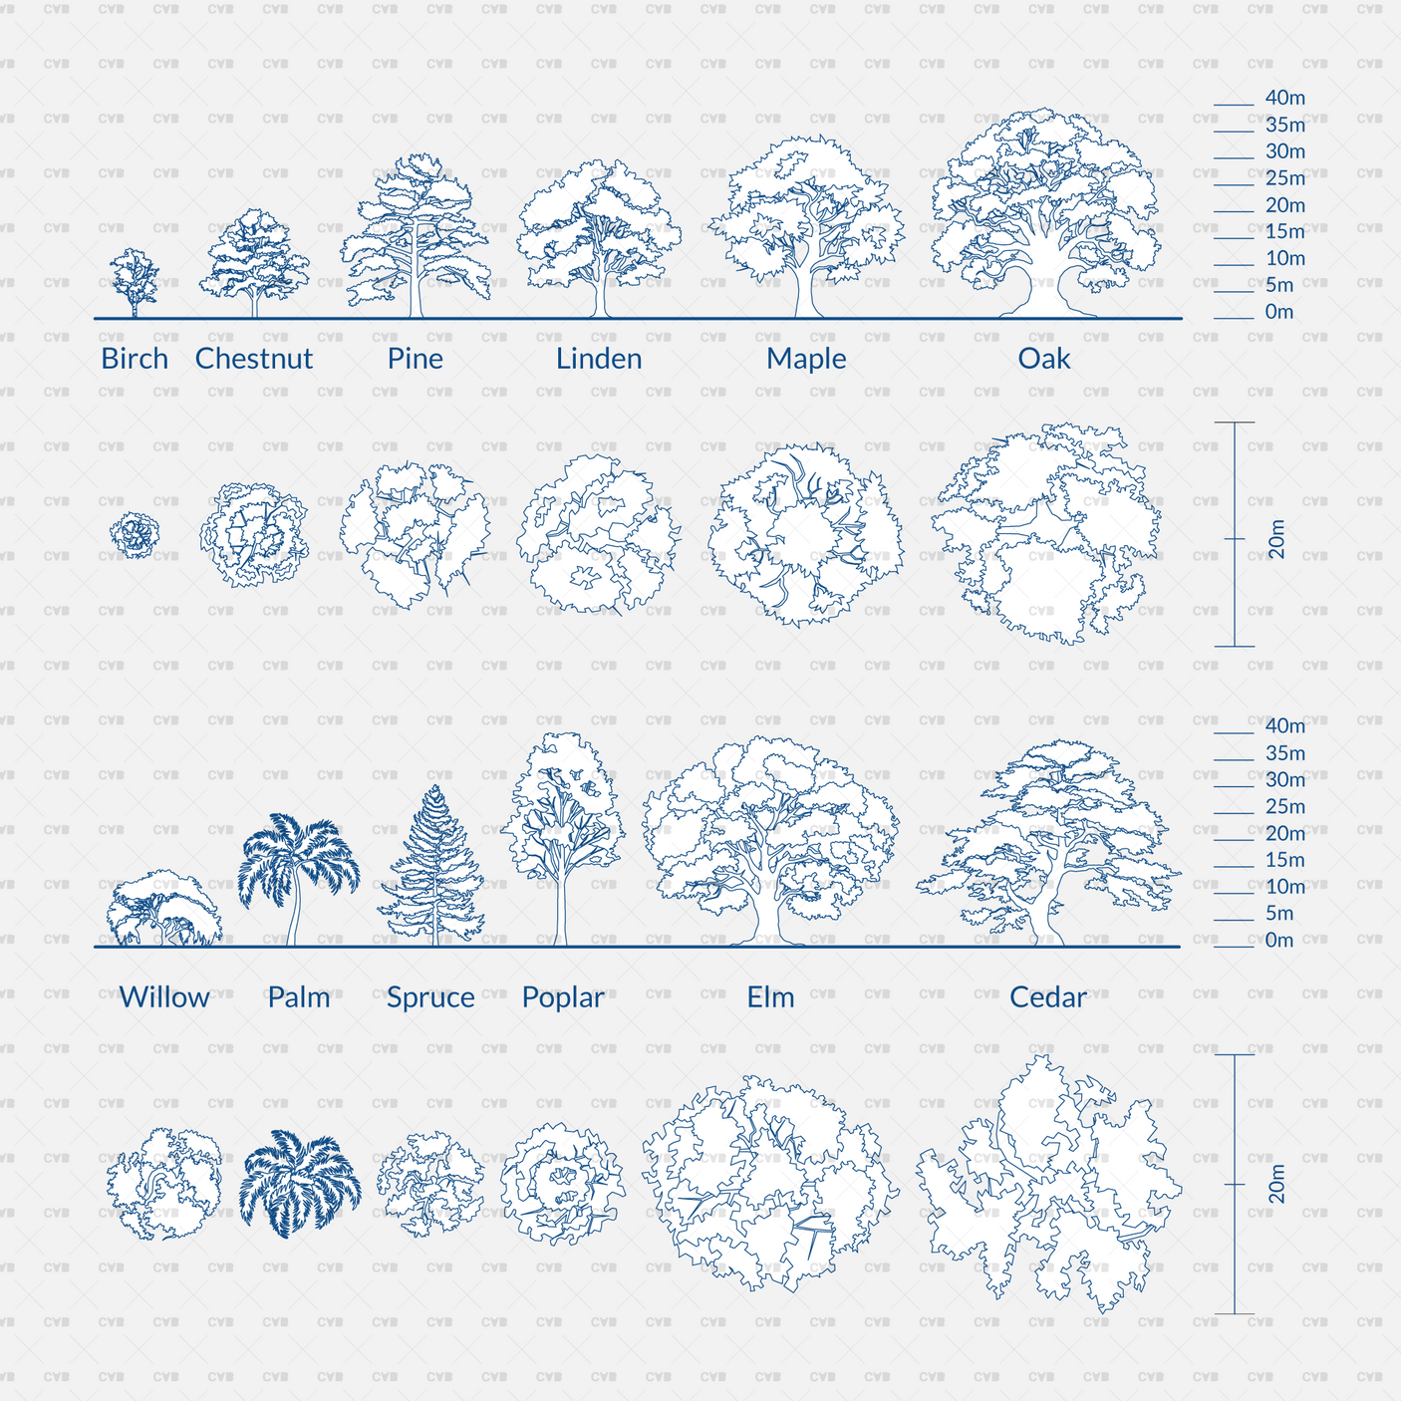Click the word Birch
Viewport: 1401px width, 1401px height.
135,359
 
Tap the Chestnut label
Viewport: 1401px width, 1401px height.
254,359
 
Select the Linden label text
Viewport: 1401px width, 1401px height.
599,359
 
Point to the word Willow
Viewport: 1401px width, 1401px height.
164,997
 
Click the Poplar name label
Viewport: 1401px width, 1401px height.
563,997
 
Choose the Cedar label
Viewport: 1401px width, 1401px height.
1047,997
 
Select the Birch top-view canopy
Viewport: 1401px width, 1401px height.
135,534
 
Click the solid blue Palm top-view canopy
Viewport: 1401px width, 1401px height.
299,1184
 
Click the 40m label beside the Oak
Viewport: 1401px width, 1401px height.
1285,98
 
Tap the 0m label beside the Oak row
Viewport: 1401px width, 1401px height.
1279,312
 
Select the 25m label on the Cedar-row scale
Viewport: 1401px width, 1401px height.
1285,807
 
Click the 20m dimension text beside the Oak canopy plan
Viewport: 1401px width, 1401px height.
1276,539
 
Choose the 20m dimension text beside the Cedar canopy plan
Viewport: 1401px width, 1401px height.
1276,1184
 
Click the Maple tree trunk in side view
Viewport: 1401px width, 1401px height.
802,294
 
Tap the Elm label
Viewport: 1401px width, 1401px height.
771,997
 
